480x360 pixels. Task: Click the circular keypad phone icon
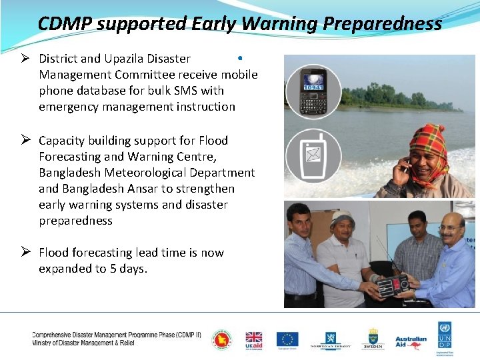point(313,91)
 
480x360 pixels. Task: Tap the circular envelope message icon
point(313,155)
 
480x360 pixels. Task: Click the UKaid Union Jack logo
point(253,339)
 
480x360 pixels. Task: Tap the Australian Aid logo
point(411,339)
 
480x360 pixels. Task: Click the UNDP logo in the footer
point(445,339)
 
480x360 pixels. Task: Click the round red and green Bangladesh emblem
point(222,339)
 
